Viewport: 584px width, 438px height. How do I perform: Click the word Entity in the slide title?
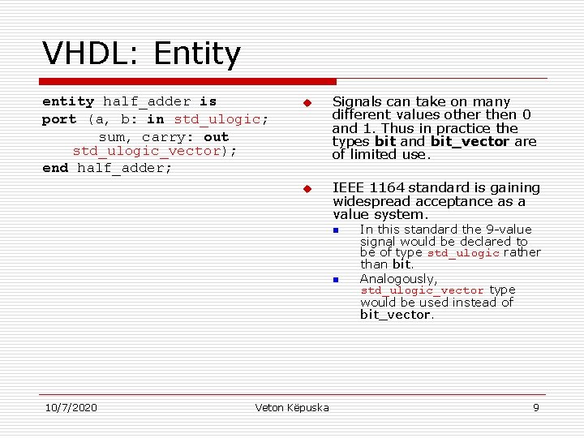coord(196,54)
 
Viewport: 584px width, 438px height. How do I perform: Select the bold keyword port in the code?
coord(59,119)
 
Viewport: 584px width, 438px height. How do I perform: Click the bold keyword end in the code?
coord(55,168)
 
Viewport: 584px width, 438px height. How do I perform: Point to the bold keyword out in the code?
coord(217,136)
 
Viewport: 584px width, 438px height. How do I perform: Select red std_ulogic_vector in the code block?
coord(147,151)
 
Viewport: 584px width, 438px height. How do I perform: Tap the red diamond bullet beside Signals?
coord(307,103)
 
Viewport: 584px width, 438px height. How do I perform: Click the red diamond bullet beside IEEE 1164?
coord(307,189)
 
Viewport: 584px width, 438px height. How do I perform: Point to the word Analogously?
coord(398,279)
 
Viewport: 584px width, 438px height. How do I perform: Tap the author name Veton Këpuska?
coord(292,407)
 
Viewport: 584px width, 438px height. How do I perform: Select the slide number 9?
coord(535,407)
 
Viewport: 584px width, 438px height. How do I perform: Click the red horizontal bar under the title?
coord(188,81)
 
